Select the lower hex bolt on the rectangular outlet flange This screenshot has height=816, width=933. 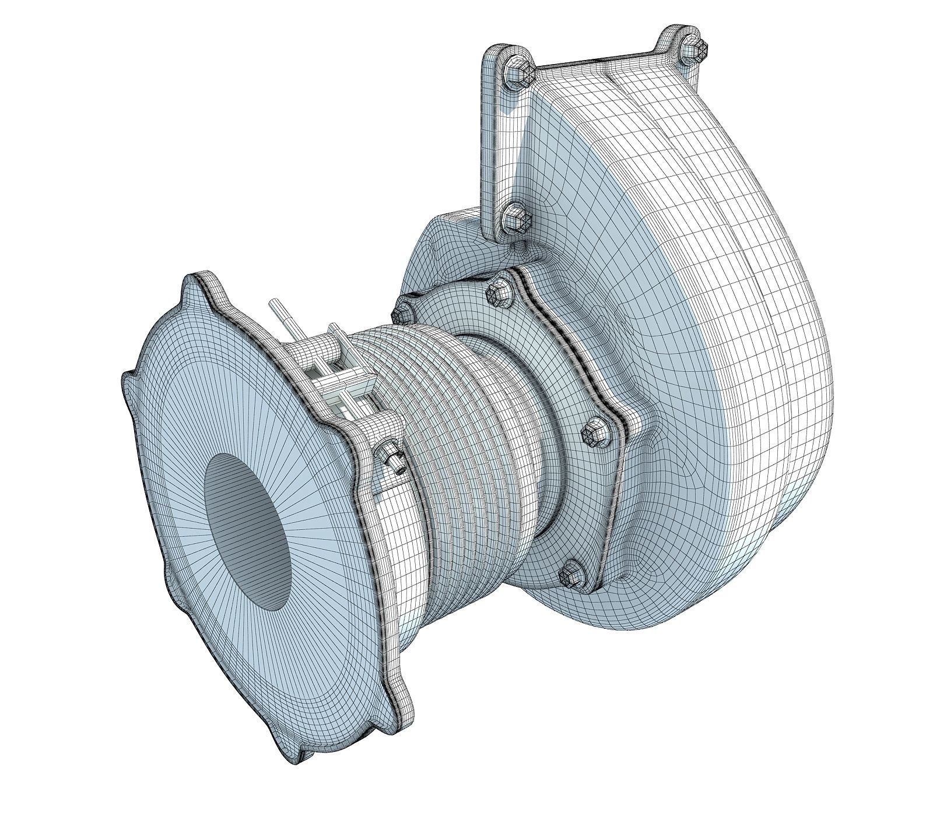point(517,220)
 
